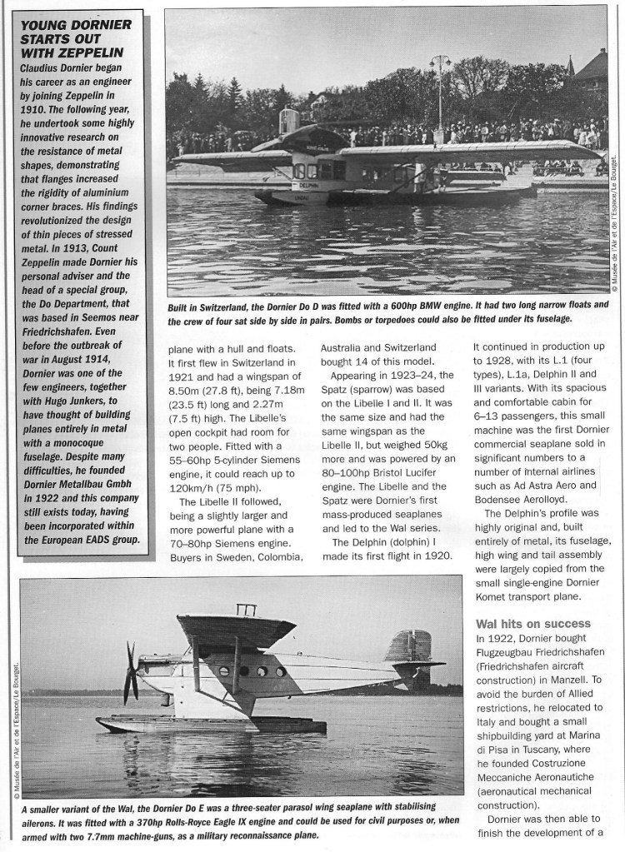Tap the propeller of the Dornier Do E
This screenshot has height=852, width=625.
coord(131,672)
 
